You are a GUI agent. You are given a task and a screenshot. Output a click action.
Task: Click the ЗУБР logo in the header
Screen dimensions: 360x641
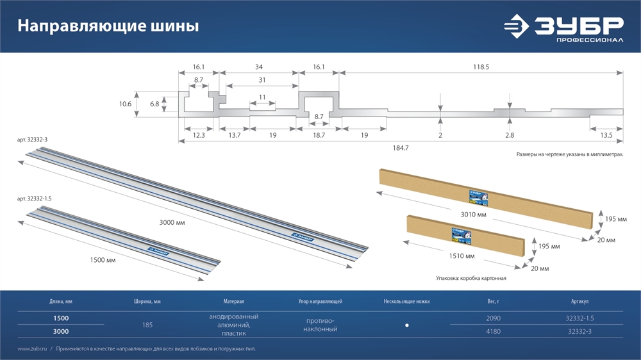pyautogui.click(x=563, y=28)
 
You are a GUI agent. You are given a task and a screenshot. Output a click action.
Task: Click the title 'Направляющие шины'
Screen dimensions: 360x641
pyautogui.click(x=108, y=26)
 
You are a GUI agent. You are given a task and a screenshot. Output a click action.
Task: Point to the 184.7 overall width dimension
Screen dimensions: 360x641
pyautogui.click(x=400, y=148)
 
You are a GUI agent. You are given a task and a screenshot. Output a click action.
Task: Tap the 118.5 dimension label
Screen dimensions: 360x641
pyautogui.click(x=481, y=67)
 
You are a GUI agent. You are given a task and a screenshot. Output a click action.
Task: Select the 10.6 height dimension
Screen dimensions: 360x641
pyautogui.click(x=125, y=104)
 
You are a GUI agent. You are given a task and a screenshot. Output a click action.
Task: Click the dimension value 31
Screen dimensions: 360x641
pyautogui.click(x=262, y=79)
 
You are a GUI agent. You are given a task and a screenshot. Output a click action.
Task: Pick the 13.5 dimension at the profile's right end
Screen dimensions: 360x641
pyautogui.click(x=606, y=136)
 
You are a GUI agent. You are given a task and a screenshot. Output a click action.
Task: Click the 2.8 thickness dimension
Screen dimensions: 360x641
pyautogui.click(x=510, y=136)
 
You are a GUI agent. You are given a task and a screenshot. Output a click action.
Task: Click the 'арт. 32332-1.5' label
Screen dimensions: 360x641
pyautogui.click(x=35, y=199)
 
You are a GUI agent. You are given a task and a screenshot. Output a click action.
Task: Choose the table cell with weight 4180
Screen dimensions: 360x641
pyautogui.click(x=493, y=331)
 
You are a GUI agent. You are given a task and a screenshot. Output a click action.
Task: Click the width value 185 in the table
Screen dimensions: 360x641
pyautogui.click(x=147, y=325)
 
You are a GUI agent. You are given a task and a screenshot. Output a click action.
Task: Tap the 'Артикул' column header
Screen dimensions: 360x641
pyautogui.click(x=579, y=300)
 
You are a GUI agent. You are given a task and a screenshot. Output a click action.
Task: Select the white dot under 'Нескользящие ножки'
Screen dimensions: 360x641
pyautogui.click(x=407, y=325)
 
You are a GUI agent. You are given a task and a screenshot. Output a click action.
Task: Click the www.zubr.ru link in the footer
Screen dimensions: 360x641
pyautogui.click(x=31, y=348)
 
